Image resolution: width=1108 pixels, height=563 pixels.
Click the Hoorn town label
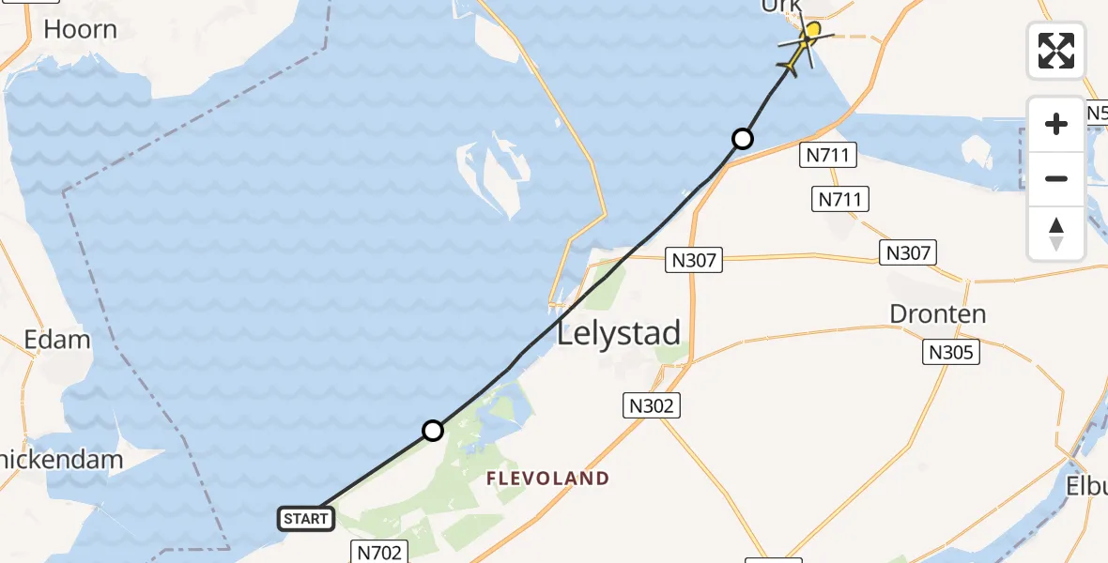pyautogui.click(x=80, y=29)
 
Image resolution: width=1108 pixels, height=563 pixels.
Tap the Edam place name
pyautogui.click(x=57, y=340)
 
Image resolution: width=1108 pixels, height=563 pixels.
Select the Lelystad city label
pyautogui.click(x=619, y=334)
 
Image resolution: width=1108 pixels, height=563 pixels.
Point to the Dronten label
pyautogui.click(x=938, y=313)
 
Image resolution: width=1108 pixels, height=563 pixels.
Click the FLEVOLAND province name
pyautogui.click(x=547, y=479)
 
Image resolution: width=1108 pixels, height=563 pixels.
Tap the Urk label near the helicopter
pyautogui.click(x=782, y=7)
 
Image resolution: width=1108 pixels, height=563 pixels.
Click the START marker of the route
pyautogui.click(x=306, y=518)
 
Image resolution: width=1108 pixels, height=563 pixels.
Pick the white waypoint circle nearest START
pyautogui.click(x=432, y=431)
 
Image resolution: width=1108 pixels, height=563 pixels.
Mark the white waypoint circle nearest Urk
pyautogui.click(x=742, y=139)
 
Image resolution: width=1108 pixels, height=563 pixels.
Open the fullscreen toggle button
pyautogui.click(x=1056, y=50)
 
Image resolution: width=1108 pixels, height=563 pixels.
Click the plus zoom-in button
pyautogui.click(x=1056, y=124)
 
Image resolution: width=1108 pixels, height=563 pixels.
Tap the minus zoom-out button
pyautogui.click(x=1056, y=178)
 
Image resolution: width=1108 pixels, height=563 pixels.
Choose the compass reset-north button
pyautogui.click(x=1056, y=233)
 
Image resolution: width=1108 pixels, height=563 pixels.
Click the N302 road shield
pyautogui.click(x=650, y=405)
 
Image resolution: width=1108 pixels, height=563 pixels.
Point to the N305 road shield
pyautogui.click(x=952, y=352)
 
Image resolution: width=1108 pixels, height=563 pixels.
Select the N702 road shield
pyautogui.click(x=380, y=553)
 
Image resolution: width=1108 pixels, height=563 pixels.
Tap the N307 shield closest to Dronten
pyautogui.click(x=908, y=252)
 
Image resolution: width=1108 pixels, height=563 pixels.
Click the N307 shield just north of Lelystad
pyautogui.click(x=695, y=260)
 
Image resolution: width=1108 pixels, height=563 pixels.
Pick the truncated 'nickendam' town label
pyautogui.click(x=62, y=460)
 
